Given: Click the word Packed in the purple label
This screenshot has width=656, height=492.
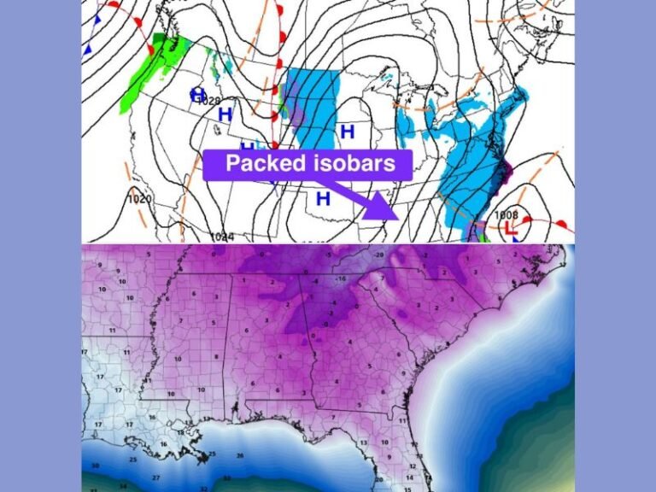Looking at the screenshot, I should point(263,162).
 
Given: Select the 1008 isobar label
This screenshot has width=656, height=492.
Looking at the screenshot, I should point(507,215).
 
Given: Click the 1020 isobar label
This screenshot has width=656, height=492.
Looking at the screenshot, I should point(139,199).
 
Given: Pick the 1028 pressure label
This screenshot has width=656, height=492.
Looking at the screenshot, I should point(209,102).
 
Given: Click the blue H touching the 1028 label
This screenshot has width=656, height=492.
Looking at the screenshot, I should point(198,93).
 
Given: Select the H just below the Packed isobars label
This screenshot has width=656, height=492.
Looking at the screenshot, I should point(323,199).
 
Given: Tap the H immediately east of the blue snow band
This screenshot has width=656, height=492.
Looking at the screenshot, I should point(347,132).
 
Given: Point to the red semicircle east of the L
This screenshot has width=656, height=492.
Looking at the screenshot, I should point(560,224).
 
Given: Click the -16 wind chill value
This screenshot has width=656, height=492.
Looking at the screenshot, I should point(340,279).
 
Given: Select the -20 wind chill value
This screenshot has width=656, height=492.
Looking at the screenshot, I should point(378,255).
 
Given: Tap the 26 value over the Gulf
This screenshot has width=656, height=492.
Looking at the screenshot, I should point(240,455).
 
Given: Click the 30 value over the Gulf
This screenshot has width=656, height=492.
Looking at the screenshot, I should point(96,465).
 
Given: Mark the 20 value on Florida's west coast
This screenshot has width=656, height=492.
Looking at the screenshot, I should point(378,480).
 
